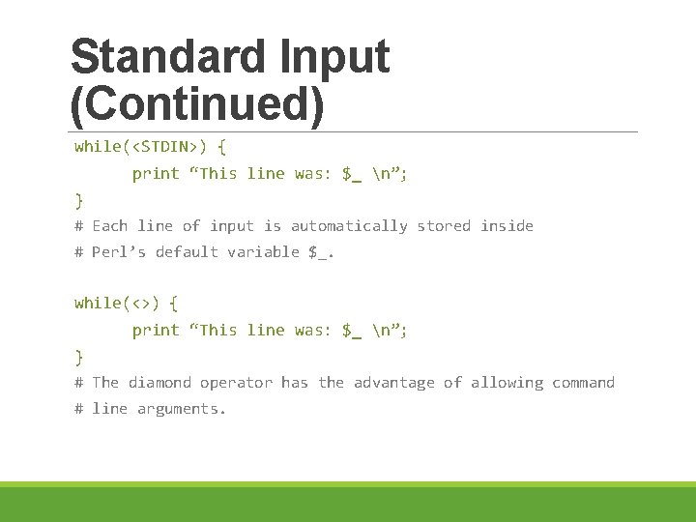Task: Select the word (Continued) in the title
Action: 197,104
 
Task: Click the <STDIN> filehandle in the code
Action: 168,147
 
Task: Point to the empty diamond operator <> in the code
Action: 137,304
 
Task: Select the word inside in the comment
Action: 507,226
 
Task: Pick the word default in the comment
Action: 187,252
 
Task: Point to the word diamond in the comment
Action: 159,383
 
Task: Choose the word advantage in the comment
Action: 394,383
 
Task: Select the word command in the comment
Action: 583,383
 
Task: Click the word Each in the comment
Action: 109,226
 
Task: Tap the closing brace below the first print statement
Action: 79,200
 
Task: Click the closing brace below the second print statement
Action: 79,357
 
